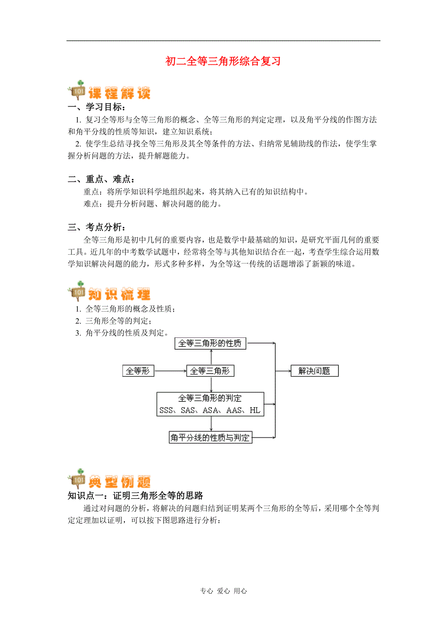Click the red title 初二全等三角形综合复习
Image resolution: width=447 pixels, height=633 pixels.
point(223,61)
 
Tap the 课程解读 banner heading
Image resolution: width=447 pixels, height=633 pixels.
point(119,92)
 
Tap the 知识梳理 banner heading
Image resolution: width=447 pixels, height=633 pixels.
point(119,294)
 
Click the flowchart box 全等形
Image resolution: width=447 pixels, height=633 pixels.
point(138,371)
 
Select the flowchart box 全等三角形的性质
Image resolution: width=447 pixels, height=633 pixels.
point(210,343)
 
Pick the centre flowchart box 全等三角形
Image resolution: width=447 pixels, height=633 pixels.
point(210,371)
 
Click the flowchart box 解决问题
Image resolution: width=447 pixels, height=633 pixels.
point(314,371)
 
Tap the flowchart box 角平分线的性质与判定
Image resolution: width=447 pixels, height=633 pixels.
point(210,438)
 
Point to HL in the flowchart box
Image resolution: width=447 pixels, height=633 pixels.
point(255,410)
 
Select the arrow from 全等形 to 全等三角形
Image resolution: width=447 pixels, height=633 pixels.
point(170,371)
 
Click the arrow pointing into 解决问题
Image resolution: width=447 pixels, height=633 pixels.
point(283,371)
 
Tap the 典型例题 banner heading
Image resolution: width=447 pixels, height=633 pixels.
point(119,481)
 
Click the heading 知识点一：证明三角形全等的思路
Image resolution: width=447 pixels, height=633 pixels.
point(135,496)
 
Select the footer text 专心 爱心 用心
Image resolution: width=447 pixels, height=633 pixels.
point(223,591)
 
